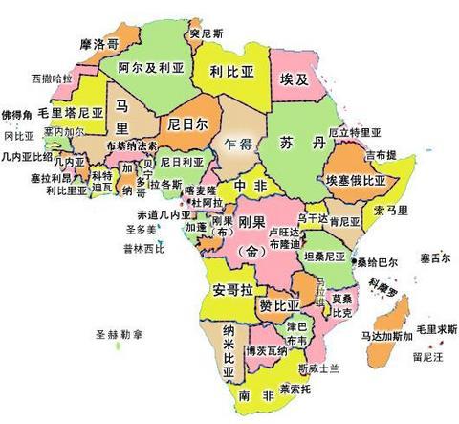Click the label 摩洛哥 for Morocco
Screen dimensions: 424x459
[x=100, y=44]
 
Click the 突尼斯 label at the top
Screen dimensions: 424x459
[x=206, y=33]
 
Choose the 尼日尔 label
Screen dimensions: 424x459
[x=187, y=123]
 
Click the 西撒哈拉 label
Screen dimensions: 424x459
[x=51, y=77]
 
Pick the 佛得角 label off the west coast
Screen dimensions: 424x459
[x=17, y=114]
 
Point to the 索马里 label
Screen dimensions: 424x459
[x=390, y=209]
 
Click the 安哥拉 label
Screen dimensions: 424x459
[x=231, y=290]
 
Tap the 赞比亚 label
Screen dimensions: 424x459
[x=278, y=304]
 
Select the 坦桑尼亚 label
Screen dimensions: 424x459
[x=324, y=257]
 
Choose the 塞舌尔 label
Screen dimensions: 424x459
[x=435, y=257]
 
